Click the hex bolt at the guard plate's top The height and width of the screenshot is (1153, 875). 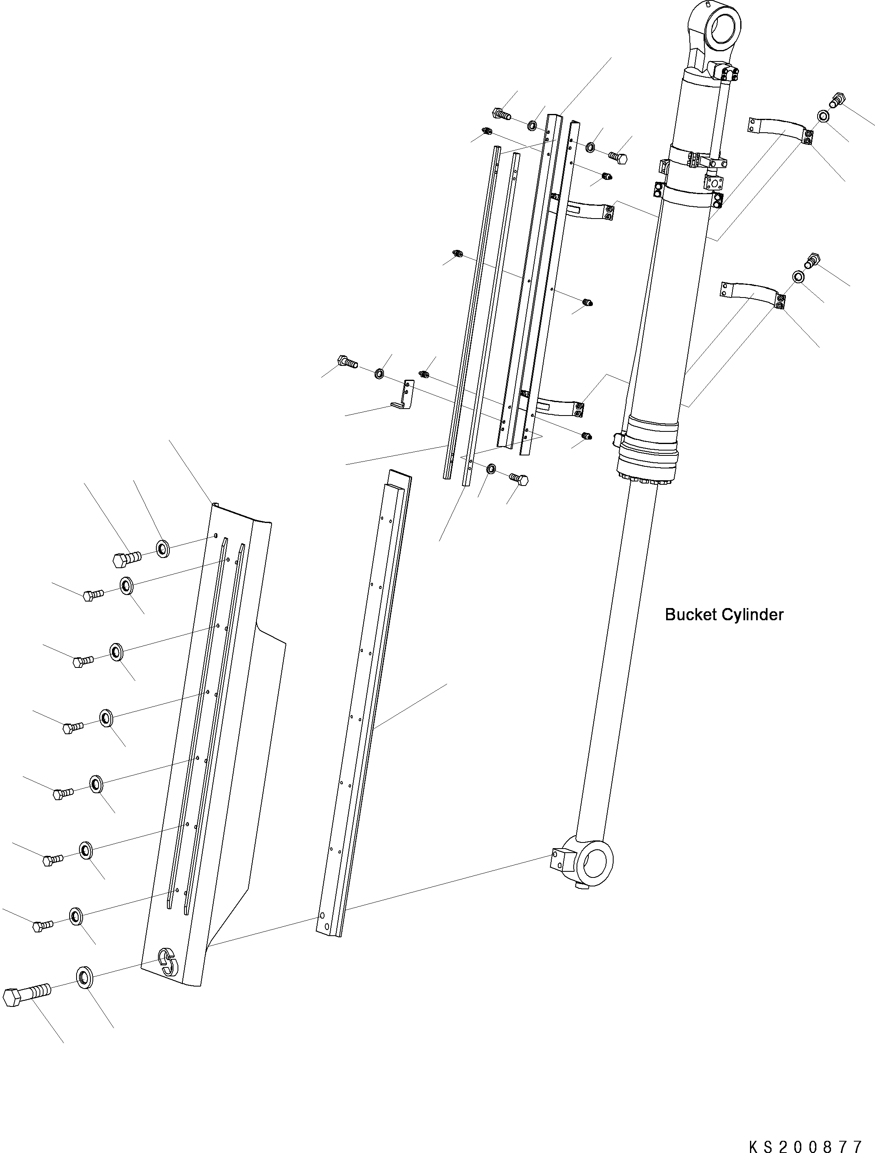(x=126, y=559)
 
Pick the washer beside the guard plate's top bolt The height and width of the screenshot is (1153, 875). (x=163, y=548)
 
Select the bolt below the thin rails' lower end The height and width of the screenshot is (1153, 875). (x=519, y=479)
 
